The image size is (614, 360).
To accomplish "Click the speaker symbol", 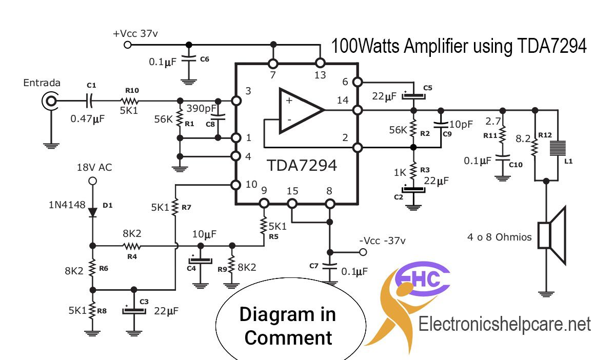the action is (551, 235).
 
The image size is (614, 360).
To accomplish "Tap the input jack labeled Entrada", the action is (50, 102).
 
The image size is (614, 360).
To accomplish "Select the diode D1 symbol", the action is (93, 212).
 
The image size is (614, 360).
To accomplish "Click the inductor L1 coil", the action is (558, 148).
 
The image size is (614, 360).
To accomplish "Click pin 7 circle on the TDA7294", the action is (273, 64).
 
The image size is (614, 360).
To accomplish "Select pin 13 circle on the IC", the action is (320, 63).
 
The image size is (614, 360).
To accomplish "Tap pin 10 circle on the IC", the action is (236, 185).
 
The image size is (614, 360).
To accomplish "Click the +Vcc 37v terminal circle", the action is (128, 45).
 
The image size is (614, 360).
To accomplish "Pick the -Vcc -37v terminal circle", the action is (363, 252).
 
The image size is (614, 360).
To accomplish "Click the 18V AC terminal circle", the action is (92, 181).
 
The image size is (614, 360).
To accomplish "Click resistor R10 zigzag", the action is (131, 102).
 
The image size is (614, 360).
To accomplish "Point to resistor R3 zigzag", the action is (413, 171).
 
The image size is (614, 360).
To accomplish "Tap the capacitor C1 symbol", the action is (90, 101).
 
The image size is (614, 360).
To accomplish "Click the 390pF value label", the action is (201, 108).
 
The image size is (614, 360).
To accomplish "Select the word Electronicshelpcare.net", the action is (504, 325).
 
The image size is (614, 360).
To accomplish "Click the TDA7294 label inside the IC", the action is (302, 166).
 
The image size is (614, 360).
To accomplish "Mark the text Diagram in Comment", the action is (288, 326).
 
